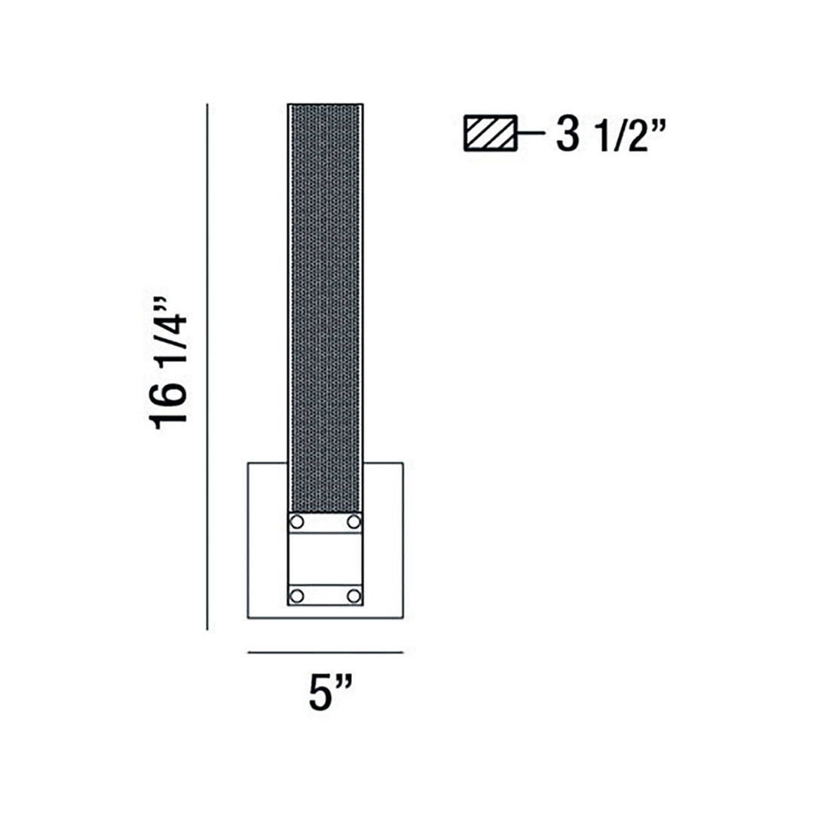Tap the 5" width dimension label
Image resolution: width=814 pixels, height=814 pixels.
pos(331,693)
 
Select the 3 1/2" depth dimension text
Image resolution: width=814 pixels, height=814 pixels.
pos(610,135)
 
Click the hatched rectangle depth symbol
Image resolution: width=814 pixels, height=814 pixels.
pos(491,133)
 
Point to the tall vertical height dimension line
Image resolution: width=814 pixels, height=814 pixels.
pos(208,367)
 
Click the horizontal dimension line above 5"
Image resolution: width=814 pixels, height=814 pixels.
pos(326,652)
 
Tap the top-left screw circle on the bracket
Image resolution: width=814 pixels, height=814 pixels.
pos(296,522)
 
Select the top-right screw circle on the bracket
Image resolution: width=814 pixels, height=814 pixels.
pos(354,522)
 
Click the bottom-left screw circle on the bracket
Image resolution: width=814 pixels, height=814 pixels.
pos(296,596)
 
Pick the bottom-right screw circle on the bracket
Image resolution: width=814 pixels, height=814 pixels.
pos(354,596)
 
